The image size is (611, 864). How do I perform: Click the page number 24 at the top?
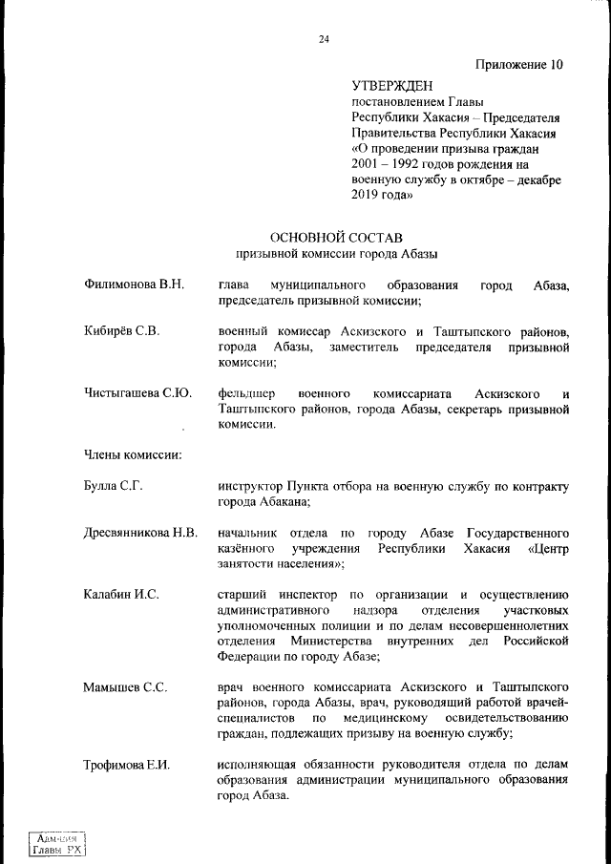(x=325, y=39)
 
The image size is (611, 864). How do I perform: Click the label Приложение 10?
(x=518, y=65)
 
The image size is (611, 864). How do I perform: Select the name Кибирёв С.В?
(x=121, y=331)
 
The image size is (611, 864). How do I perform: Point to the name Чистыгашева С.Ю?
(x=137, y=392)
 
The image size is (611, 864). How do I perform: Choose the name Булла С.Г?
(x=114, y=486)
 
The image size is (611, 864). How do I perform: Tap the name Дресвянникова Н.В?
(x=140, y=532)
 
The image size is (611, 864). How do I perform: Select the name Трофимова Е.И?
(x=127, y=765)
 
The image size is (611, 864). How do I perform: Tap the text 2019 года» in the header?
(x=382, y=195)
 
